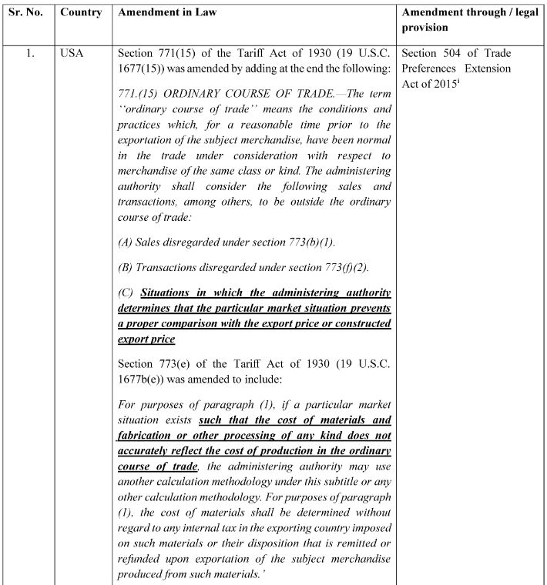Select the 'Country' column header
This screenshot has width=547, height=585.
tap(80, 14)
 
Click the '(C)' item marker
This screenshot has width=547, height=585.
tap(127, 293)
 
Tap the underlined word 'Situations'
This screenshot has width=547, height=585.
tap(170, 293)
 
